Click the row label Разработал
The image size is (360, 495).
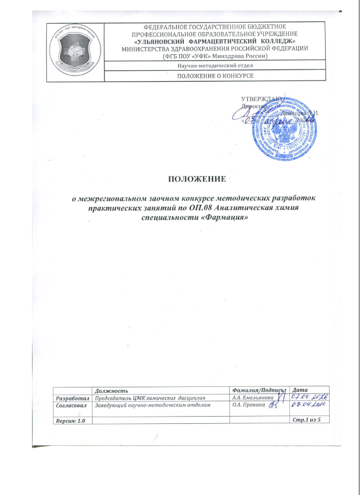(72, 397)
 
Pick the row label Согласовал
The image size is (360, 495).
(72, 406)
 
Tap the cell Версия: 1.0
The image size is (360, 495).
(70, 421)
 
